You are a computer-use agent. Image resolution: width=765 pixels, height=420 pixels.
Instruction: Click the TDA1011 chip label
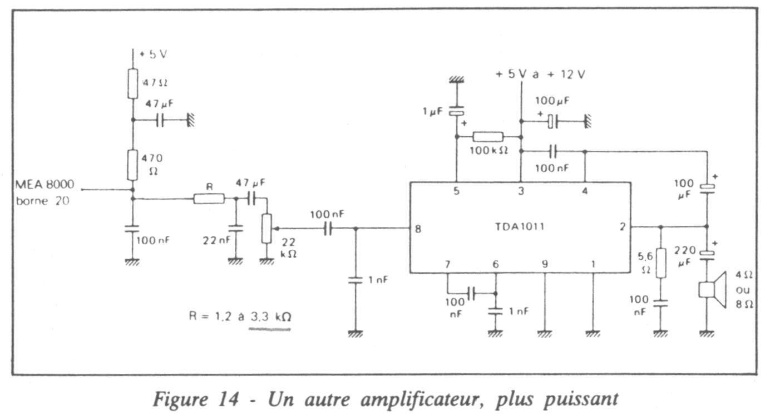(x=520, y=226)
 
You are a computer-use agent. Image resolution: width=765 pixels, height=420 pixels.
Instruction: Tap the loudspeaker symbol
(x=712, y=289)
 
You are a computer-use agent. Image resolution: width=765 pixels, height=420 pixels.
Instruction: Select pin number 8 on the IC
(x=417, y=228)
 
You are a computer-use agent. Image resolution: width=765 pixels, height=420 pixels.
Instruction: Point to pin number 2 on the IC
(x=622, y=226)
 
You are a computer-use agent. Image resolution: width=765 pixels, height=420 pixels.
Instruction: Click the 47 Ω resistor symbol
(x=132, y=84)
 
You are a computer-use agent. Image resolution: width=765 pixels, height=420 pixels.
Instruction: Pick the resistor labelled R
(x=209, y=199)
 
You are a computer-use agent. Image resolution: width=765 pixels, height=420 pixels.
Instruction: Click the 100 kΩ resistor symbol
(x=488, y=137)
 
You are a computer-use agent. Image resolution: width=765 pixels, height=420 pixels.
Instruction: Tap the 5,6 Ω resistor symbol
(x=660, y=263)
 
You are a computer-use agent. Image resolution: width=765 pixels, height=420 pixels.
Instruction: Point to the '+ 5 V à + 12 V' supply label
(x=540, y=75)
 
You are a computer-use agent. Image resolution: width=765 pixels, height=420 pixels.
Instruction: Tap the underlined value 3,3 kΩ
(x=270, y=317)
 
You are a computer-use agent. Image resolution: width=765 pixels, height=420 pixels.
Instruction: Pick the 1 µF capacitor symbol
(x=457, y=112)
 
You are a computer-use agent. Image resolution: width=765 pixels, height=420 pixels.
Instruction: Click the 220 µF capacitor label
(x=685, y=255)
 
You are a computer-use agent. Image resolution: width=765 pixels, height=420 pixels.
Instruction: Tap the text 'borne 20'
(x=43, y=201)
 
